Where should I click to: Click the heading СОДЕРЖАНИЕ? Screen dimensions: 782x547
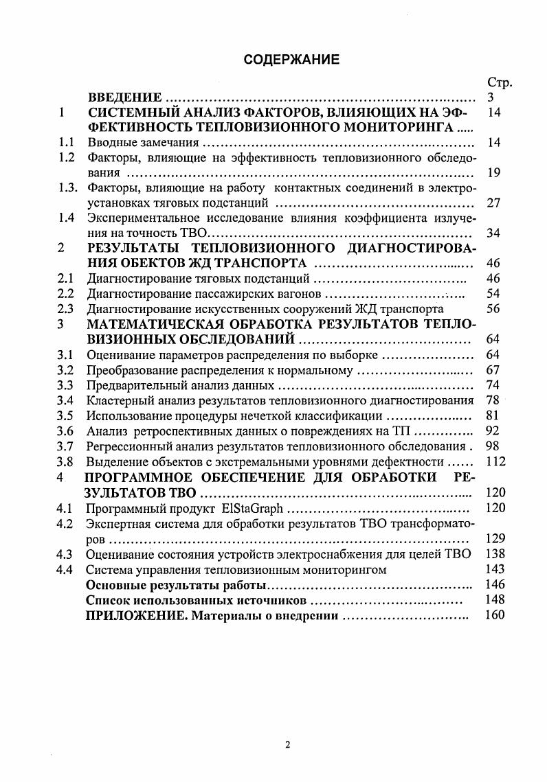click(291, 60)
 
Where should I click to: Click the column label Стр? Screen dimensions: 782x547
click(500, 83)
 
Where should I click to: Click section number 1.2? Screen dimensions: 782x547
click(66, 158)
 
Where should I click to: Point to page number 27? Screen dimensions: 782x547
click(493, 203)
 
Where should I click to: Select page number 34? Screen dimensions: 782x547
click(493, 233)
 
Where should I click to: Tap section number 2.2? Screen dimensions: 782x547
click(66, 294)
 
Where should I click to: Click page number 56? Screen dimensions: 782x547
click(493, 309)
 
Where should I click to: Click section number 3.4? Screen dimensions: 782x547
click(66, 400)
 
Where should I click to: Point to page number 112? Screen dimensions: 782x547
click(495, 461)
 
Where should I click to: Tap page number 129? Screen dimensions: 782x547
click(495, 538)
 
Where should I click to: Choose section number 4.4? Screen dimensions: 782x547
click(66, 569)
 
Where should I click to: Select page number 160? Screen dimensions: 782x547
click(495, 615)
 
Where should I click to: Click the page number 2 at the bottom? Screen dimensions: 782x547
click(289, 746)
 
